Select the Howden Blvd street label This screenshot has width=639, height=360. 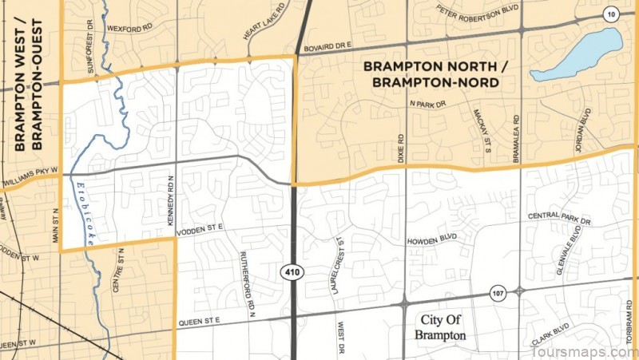[432, 238]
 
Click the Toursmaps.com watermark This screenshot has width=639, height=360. [585, 351]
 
